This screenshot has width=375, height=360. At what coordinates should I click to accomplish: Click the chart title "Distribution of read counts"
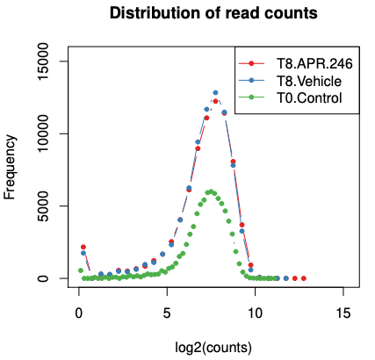click(x=213, y=13)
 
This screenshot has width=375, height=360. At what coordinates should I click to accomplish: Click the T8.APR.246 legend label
click(x=314, y=63)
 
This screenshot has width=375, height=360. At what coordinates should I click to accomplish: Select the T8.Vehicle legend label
click(x=309, y=81)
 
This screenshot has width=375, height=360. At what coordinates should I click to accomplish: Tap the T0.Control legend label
click(x=309, y=97)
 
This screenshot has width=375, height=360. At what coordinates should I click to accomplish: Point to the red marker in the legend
click(x=251, y=63)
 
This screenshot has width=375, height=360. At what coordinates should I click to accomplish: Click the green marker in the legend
click(x=251, y=97)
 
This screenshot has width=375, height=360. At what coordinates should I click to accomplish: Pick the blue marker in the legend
click(x=251, y=81)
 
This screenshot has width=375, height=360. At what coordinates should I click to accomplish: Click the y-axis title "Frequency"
click(x=10, y=167)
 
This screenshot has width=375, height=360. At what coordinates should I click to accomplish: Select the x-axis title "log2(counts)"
click(x=213, y=348)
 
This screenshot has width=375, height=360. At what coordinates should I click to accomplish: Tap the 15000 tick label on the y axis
click(x=43, y=61)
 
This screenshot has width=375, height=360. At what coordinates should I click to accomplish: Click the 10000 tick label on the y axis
click(x=43, y=133)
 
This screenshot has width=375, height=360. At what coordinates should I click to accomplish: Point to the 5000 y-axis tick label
click(x=43, y=206)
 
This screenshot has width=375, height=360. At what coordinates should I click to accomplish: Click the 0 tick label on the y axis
click(x=43, y=278)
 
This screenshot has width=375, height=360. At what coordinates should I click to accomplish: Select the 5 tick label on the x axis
click(x=167, y=313)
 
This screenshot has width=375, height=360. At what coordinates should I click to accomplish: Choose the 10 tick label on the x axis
click(x=255, y=313)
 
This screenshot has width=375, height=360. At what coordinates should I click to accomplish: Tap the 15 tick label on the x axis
click(x=343, y=313)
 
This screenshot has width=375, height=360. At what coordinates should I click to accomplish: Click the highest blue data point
click(x=215, y=93)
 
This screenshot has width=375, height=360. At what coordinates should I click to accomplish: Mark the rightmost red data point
click(x=304, y=278)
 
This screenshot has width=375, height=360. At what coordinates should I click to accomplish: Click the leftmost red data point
click(x=83, y=247)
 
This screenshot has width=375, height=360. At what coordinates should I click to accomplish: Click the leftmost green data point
click(x=81, y=270)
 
